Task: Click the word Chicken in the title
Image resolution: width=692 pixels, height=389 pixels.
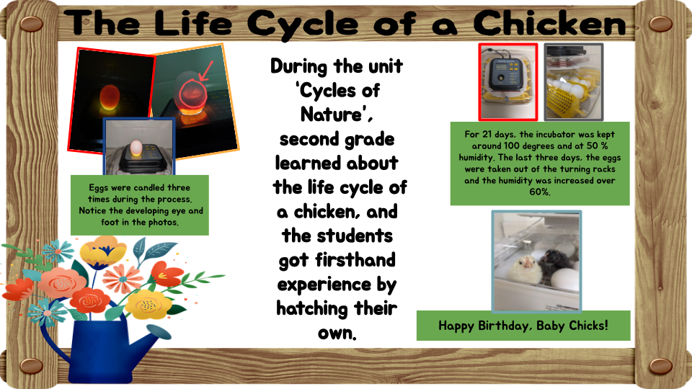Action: pyautogui.click(x=549, y=24)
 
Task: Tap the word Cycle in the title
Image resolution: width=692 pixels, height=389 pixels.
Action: pyautogui.click(x=302, y=24)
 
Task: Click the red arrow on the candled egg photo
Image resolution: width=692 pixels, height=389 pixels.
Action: pyautogui.click(x=206, y=71)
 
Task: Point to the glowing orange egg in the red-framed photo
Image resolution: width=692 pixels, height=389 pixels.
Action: pyautogui.click(x=109, y=97)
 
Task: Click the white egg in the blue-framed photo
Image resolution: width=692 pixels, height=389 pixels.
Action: pyautogui.click(x=136, y=148)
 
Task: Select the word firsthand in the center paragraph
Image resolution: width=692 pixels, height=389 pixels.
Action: pyautogui.click(x=355, y=260)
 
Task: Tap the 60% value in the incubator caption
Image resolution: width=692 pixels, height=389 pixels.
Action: pyautogui.click(x=539, y=192)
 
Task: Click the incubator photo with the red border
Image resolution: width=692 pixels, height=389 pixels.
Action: pyautogui.click(x=508, y=81)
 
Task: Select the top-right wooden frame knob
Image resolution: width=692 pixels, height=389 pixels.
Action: pyautogui.click(x=661, y=24)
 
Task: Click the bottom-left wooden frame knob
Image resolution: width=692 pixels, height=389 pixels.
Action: pyautogui.click(x=31, y=366)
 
